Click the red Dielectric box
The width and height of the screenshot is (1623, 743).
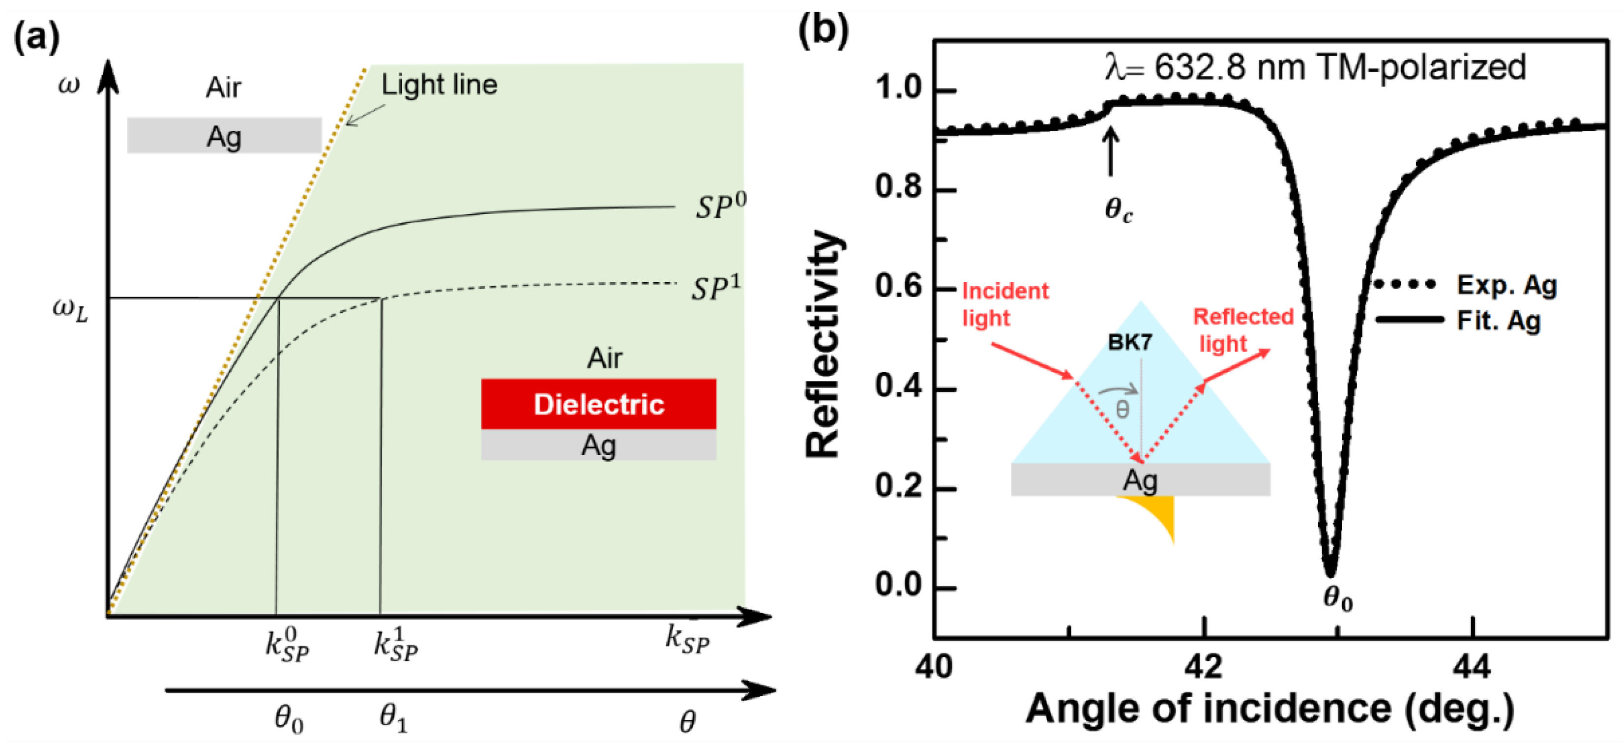point(598,404)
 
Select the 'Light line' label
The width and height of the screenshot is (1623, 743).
point(439,85)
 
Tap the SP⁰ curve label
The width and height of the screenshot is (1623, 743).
point(720,206)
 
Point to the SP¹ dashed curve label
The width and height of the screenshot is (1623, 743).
point(716,288)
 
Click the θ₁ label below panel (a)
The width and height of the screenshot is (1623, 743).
point(394,718)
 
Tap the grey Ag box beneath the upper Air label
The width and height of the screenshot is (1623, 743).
point(224,136)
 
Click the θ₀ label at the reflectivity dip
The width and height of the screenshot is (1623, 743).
point(1337,597)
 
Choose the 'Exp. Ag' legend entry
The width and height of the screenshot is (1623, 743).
point(1506,286)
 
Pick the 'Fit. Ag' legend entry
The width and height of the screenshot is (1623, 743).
point(1498,321)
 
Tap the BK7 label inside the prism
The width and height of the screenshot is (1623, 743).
point(1130,342)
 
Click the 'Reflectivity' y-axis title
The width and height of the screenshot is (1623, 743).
point(824,343)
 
